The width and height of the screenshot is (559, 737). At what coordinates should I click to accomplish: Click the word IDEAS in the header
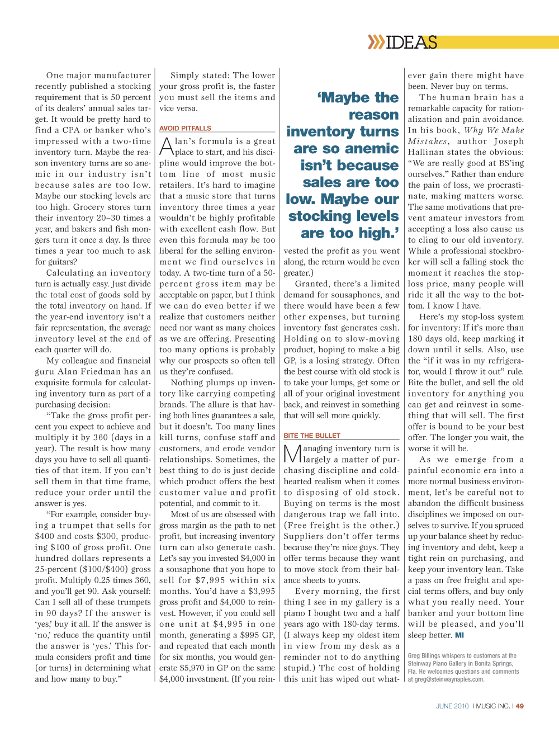(411, 42)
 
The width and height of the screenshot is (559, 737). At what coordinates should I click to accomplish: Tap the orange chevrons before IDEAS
(376, 42)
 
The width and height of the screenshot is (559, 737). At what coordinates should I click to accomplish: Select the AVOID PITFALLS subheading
(185, 128)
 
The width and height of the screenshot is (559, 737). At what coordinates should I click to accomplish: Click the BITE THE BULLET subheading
(311, 436)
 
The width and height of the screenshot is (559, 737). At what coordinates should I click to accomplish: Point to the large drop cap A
(166, 147)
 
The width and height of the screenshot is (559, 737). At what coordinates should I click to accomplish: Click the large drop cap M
(292, 454)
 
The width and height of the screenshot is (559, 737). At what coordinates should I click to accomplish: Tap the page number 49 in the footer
(520, 706)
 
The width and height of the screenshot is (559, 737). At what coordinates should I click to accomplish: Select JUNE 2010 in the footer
(452, 706)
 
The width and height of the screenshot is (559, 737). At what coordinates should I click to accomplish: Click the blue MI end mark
(459, 635)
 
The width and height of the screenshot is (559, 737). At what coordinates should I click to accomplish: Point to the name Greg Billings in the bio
(424, 656)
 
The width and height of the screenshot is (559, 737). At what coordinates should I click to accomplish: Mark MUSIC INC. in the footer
(492, 706)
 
